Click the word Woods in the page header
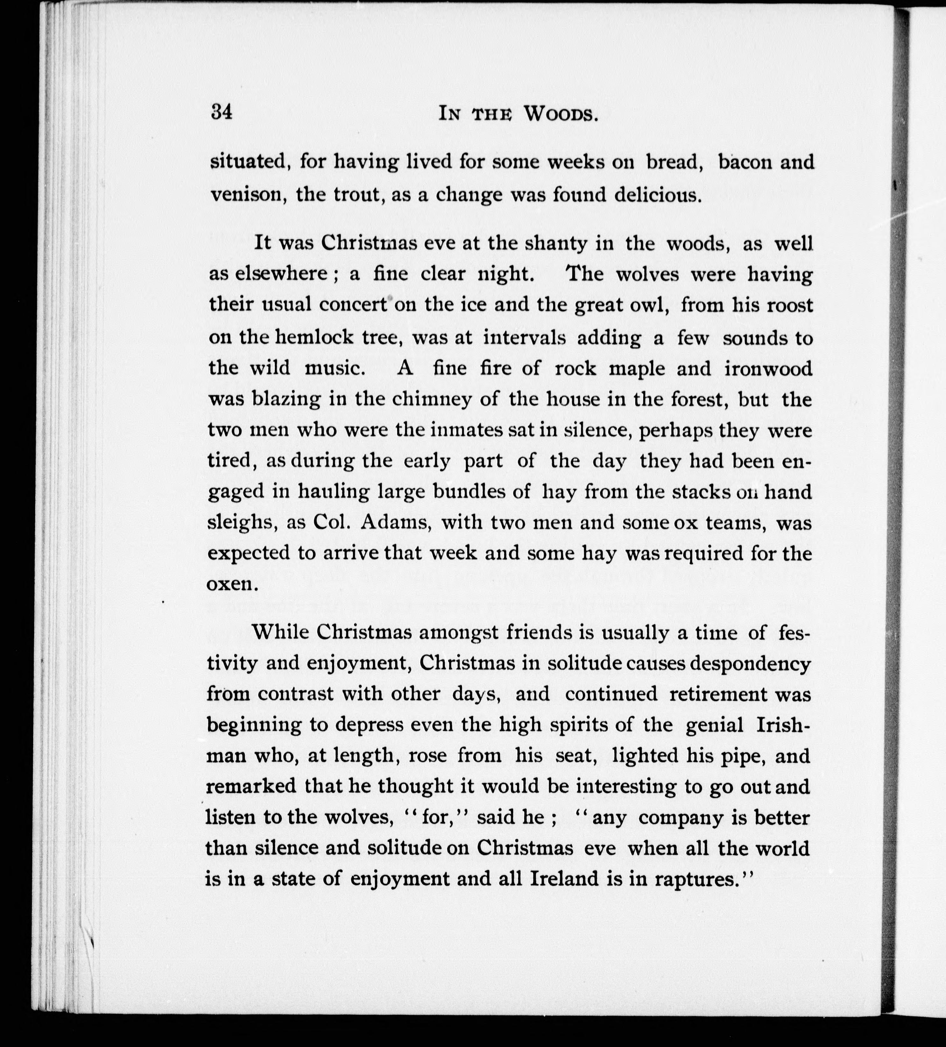560,114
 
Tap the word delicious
658,195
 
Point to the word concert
353,305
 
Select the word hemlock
310,338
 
